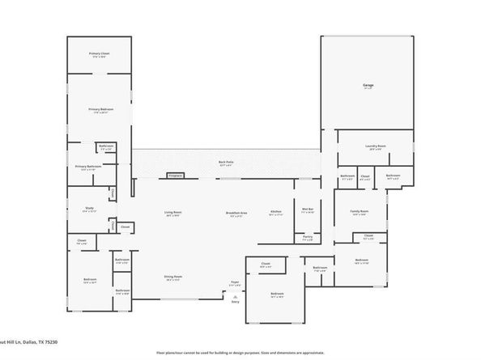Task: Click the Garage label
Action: [368, 85]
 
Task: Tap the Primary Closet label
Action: [99, 54]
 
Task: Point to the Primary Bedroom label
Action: [99, 109]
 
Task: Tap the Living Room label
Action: [173, 214]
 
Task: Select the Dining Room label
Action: [173, 277]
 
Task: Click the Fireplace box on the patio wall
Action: [175, 174]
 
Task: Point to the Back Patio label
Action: [226, 163]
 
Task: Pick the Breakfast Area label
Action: [237, 214]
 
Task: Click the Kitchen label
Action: [275, 212]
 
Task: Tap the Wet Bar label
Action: [308, 209]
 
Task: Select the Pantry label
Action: [308, 238]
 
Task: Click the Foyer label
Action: [235, 282]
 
